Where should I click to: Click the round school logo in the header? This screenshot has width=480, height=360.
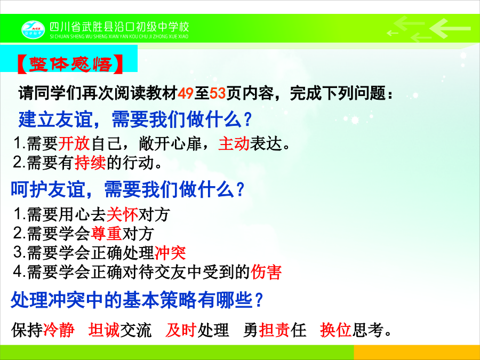coord(33,30)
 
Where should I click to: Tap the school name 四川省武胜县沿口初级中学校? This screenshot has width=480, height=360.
coord(119,27)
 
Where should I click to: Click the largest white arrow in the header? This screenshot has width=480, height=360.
coord(450,28)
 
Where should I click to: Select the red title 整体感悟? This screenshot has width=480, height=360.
coord(70,65)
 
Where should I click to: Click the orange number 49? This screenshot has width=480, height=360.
coord(186,93)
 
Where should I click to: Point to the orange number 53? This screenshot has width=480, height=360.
coord(218,93)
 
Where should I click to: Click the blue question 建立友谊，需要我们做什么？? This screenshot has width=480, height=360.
coord(135,119)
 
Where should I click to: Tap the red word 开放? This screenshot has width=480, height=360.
coord(74,143)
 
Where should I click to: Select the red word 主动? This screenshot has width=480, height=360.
coord(234,143)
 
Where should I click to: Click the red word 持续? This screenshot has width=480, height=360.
coord(90,162)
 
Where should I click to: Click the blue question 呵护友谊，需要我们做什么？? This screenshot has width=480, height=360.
coord(127,189)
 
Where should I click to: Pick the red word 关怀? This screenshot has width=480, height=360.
coord(122,214)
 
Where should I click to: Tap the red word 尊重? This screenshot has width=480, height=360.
coord(106,233)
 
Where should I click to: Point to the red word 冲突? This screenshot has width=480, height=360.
coord(170,253)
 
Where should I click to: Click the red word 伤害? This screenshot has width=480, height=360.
coord(266,272)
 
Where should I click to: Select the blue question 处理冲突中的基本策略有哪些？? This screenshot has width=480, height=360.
coord(137,300)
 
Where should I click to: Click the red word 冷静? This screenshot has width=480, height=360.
coord(59,330)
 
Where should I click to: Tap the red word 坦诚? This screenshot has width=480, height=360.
coord(104,330)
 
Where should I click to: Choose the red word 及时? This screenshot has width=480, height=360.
coord(181,330)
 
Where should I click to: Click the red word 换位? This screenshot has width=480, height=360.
coord(336,330)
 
